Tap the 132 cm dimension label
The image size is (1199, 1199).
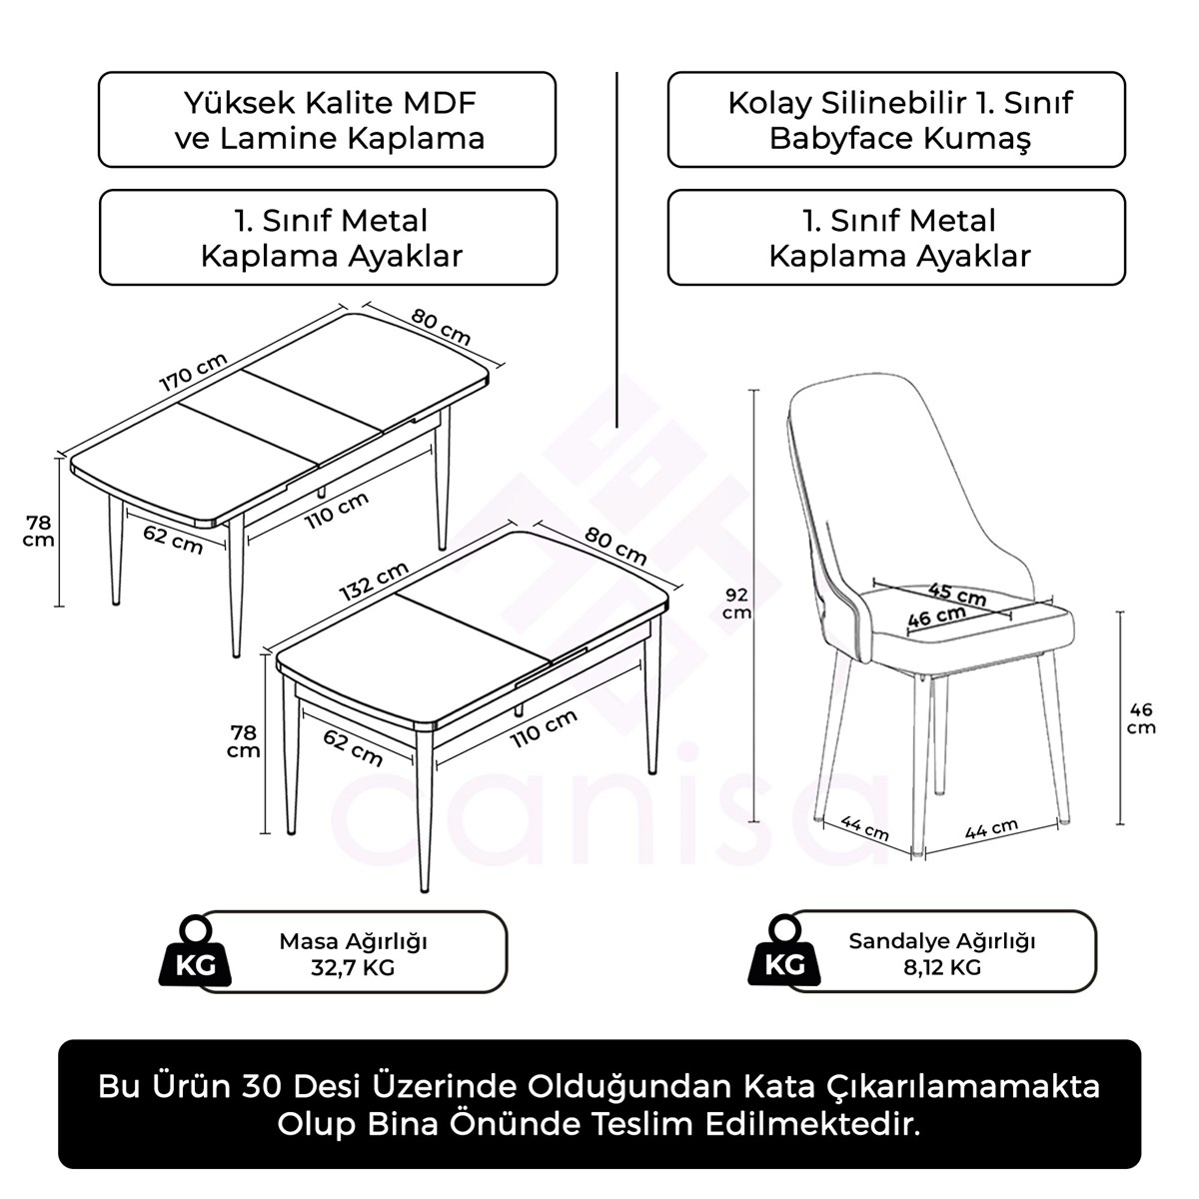click(374, 581)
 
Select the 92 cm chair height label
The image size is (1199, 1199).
click(736, 603)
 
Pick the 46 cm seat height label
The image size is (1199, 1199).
click(1140, 717)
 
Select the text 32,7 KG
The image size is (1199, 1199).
click(354, 967)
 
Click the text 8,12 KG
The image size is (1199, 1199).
click(942, 967)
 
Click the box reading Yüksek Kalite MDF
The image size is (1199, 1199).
click(327, 119)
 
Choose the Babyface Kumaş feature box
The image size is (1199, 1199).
click(896, 119)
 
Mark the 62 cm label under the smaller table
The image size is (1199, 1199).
click(353, 746)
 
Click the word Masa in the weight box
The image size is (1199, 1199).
click(310, 941)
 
